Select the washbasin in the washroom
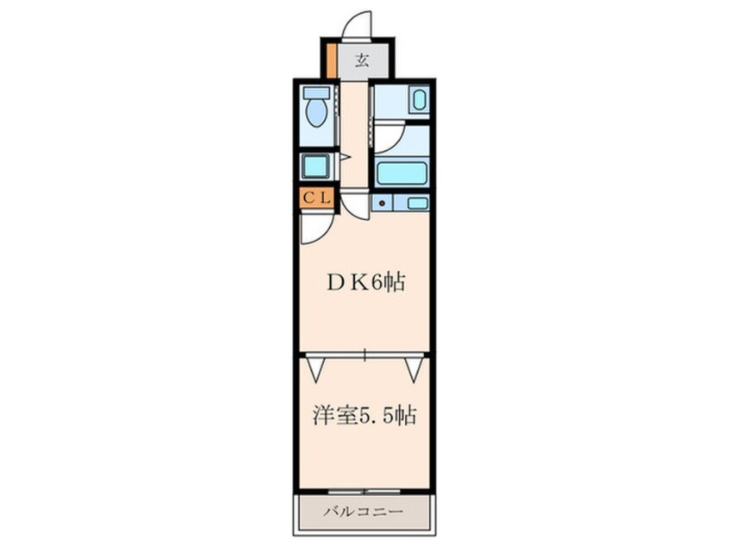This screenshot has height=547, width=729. (x=419, y=100)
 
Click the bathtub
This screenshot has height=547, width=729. (x=402, y=173)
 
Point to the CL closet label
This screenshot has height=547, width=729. (x=315, y=198)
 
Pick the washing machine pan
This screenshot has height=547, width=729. (x=315, y=165)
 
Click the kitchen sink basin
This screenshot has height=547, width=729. (x=417, y=203)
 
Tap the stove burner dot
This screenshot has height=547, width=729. (x=380, y=203)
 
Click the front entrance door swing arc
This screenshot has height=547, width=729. (x=356, y=23)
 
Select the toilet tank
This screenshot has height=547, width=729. (x=317, y=92)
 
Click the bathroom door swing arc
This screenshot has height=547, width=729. (x=389, y=138)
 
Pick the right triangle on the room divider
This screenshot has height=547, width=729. (x=414, y=370)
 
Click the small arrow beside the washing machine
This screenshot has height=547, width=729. (x=344, y=157)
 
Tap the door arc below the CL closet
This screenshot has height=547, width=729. (x=313, y=229)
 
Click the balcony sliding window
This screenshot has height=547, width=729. (x=363, y=491)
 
